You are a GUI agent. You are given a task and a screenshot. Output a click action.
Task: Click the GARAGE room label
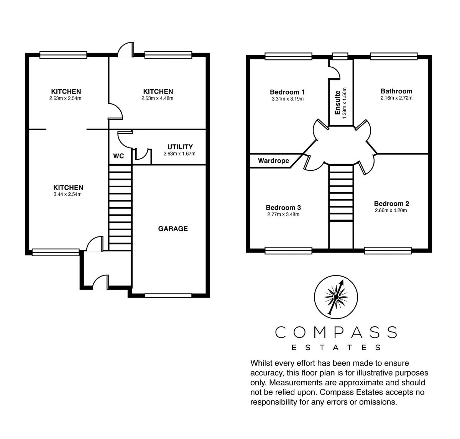173,229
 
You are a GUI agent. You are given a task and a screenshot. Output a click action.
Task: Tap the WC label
118,156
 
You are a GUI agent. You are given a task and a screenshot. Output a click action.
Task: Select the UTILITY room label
180,147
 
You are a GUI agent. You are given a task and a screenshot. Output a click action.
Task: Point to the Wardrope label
273,161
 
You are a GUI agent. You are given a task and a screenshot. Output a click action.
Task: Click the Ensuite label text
338,103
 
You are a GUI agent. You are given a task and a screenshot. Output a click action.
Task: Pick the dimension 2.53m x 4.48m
158,98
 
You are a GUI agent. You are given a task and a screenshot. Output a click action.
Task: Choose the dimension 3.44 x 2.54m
67,195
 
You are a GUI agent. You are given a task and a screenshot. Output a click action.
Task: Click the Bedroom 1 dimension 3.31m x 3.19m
287,99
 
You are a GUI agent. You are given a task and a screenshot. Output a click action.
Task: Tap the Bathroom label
396,91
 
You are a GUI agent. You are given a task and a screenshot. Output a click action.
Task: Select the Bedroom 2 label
391,204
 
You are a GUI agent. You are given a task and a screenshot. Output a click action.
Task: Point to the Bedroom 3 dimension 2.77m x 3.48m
283,215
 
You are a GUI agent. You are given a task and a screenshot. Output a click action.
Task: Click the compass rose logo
336,297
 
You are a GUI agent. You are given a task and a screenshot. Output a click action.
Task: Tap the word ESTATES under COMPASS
336,347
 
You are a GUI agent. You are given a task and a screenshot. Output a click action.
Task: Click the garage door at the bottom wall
168,296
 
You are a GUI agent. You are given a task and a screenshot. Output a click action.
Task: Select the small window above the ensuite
340,56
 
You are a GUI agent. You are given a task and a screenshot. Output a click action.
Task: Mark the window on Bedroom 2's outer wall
388,251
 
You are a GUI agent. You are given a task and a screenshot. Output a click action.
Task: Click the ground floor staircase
120,208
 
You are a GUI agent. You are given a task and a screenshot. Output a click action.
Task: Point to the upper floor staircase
341,193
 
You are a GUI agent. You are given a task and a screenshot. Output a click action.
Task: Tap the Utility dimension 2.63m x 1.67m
179,154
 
